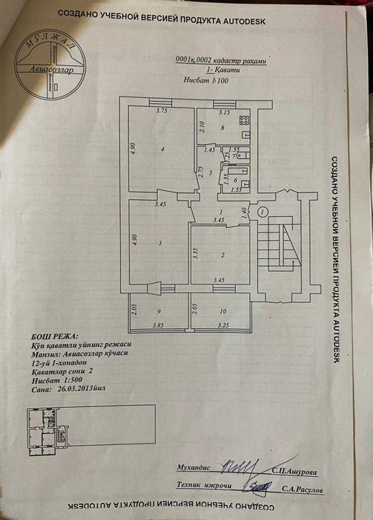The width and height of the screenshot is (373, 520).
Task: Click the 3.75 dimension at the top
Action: [162, 111]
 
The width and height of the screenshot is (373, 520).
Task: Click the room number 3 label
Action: [160, 243]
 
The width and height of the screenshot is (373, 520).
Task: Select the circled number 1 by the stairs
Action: [263, 211]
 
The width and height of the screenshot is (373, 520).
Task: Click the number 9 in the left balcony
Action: [158, 312]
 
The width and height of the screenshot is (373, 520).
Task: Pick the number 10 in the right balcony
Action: [223, 312]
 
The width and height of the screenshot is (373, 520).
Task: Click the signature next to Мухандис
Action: [241, 469]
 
